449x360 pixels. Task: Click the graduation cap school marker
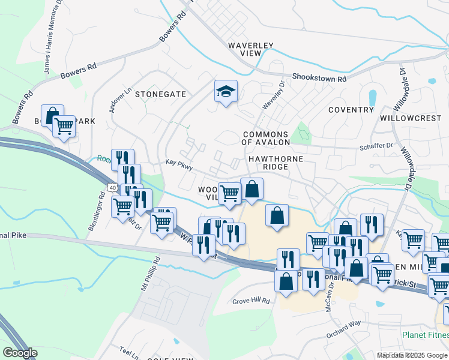point(226,92)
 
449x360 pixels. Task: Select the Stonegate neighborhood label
point(160,94)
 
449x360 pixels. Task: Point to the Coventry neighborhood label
point(351,110)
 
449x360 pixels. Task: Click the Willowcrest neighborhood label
point(411,118)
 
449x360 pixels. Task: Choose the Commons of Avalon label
point(265,138)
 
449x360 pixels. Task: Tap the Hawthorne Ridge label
point(274,162)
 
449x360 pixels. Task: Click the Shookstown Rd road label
point(319,78)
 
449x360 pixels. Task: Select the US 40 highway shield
point(112,188)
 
